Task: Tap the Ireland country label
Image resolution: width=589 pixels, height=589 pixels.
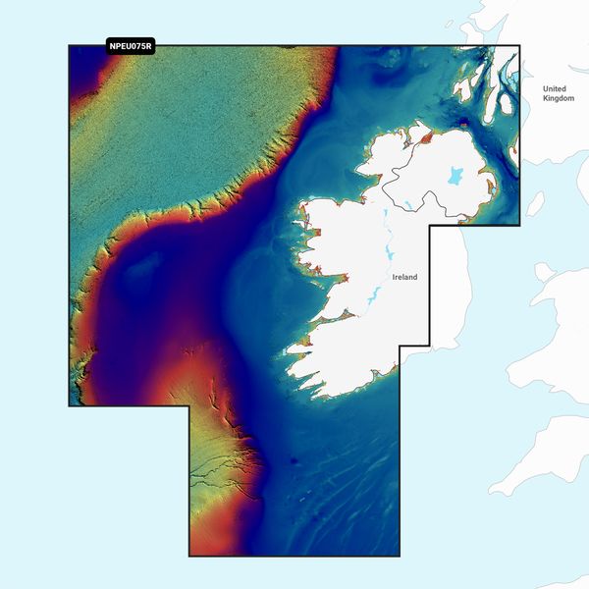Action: (x=404, y=278)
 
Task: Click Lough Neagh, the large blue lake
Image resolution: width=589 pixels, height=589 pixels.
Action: (x=455, y=177)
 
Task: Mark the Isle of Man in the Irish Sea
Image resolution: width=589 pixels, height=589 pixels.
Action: (x=535, y=203)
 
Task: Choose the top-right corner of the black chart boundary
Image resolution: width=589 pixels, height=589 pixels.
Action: (x=519, y=45)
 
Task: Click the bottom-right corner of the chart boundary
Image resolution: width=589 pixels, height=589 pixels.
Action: (x=400, y=556)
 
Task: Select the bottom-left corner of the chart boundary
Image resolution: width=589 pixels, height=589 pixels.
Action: (x=189, y=556)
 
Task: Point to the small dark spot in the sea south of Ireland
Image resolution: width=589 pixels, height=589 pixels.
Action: (x=292, y=459)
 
